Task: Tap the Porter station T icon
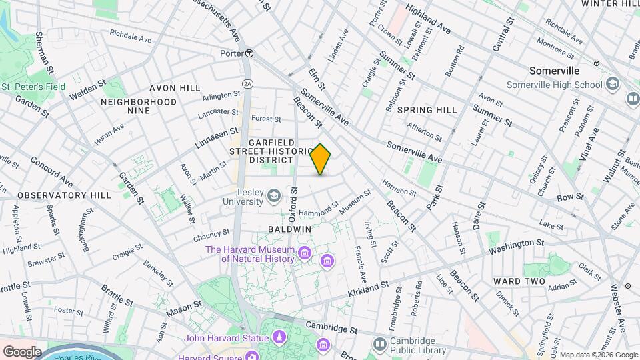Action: (x=248, y=53)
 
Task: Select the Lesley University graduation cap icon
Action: (x=273, y=195)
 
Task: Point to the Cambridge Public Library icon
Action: (x=380, y=344)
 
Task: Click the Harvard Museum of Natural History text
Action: (x=249, y=254)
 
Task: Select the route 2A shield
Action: (x=248, y=83)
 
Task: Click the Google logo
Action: (x=22, y=351)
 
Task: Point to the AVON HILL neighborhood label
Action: (x=175, y=88)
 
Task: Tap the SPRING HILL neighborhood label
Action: (x=427, y=110)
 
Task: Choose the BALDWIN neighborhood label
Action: (x=290, y=229)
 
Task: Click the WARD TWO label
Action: (x=519, y=281)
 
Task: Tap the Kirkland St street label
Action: (x=368, y=289)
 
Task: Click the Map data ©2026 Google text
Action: (x=598, y=355)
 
